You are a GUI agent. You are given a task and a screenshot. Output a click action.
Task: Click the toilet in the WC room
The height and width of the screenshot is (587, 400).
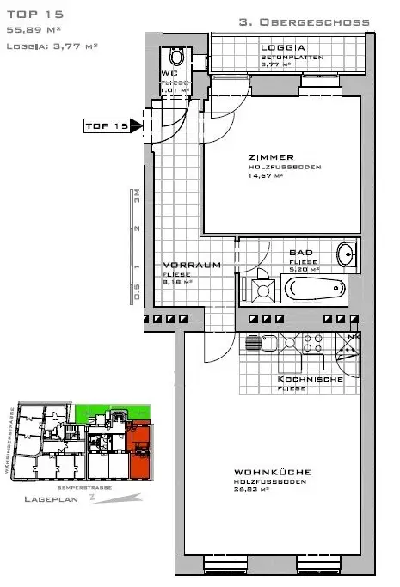click(x=176, y=57)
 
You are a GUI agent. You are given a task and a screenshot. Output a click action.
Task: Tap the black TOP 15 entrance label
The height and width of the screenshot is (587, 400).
click(x=107, y=126)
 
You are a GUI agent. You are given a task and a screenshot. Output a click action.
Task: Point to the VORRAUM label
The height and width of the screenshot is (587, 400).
click(x=186, y=265)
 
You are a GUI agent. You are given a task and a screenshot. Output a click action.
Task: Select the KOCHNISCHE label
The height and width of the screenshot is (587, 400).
click(x=310, y=379)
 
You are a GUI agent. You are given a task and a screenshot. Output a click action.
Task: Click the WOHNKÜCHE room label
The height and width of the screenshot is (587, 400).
click(x=271, y=472)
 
